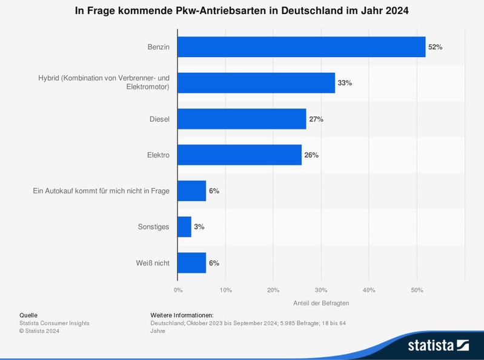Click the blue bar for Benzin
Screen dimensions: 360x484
301,47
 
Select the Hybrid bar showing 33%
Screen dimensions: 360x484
256,82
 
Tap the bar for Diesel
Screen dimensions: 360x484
242,119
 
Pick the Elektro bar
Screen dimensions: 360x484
239,155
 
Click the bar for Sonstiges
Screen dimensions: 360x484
184,227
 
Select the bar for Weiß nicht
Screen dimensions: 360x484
191,263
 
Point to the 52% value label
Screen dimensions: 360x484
435,47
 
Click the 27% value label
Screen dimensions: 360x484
316,119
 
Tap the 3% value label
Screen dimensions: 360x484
199,227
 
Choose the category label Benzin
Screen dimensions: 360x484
158,47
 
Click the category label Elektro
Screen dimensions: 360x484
157,155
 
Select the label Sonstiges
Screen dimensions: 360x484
154,227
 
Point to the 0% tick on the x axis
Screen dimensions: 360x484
178,290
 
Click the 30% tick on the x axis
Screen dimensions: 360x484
321,290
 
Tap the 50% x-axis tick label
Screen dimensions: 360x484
417,290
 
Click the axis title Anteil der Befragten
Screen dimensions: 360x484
321,303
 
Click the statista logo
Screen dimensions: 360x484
438,345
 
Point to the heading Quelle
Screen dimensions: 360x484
28,315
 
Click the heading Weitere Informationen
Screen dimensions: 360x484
182,315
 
